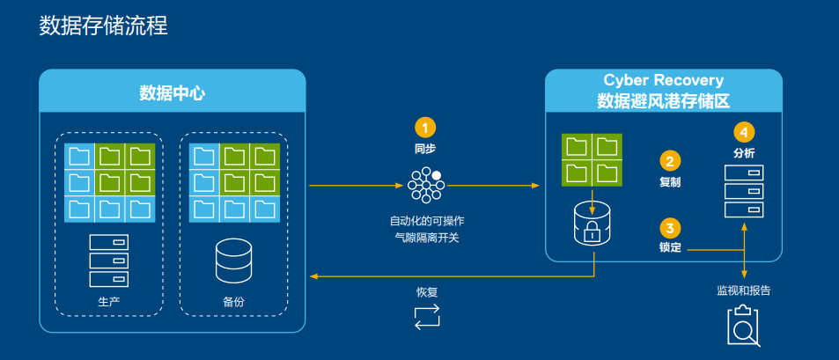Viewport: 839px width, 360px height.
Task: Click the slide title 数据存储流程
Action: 103,26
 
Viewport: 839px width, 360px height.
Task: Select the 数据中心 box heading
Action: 173,92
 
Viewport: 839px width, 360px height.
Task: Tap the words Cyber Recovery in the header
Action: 663,81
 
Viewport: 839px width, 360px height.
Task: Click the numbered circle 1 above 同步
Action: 425,128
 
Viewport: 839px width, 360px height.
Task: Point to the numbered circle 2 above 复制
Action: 670,161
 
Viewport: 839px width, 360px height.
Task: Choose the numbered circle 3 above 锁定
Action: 670,227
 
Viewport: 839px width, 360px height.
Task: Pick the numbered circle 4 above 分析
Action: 744,132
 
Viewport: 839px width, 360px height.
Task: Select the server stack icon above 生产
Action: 108,261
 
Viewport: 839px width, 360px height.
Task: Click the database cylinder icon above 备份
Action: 233,259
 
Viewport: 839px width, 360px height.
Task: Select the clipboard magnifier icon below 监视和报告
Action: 743,327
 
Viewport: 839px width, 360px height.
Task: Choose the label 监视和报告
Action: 744,290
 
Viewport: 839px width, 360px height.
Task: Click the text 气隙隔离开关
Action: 426,237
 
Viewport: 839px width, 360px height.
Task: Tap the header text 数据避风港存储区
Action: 663,101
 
